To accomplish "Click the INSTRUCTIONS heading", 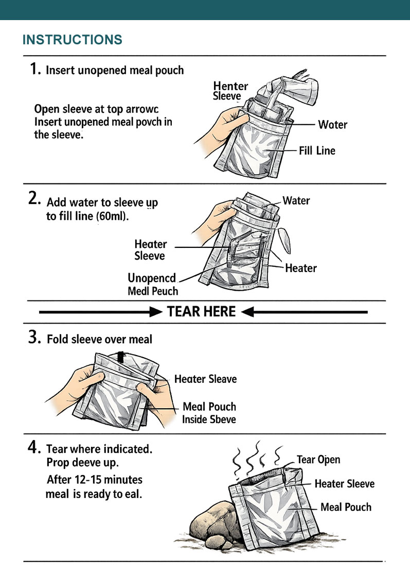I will pyautogui.click(x=72, y=40).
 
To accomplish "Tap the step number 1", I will pyautogui.click(x=35, y=69).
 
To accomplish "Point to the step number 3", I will pyautogui.click(x=35, y=338).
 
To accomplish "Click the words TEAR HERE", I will pyautogui.click(x=202, y=312).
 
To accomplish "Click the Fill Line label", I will pyautogui.click(x=317, y=151).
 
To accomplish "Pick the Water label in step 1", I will pyautogui.click(x=332, y=125).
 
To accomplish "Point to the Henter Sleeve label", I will pyautogui.click(x=230, y=91).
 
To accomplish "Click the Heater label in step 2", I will pyautogui.click(x=301, y=268).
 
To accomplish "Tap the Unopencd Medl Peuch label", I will pyautogui.click(x=152, y=284).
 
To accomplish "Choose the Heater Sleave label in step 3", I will pyautogui.click(x=205, y=379).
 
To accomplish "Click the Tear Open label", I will pyautogui.click(x=318, y=460).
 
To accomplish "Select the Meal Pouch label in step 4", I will pyautogui.click(x=346, y=507).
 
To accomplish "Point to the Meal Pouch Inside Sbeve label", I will pyautogui.click(x=209, y=413).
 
